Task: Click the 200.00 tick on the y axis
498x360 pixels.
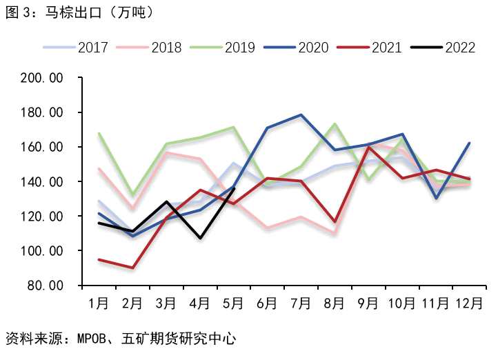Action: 43,78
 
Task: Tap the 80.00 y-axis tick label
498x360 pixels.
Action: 47,285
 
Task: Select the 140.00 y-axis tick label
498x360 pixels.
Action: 43,181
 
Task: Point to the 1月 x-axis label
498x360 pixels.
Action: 99,302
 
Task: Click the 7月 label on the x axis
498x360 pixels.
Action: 301,302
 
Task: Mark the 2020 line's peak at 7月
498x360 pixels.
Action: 301,115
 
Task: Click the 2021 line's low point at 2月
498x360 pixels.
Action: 132,268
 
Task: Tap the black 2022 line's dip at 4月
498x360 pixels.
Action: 200,238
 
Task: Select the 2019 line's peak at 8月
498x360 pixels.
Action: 335,124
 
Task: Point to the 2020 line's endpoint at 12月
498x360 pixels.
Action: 470,143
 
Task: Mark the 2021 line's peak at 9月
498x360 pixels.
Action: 368,147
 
